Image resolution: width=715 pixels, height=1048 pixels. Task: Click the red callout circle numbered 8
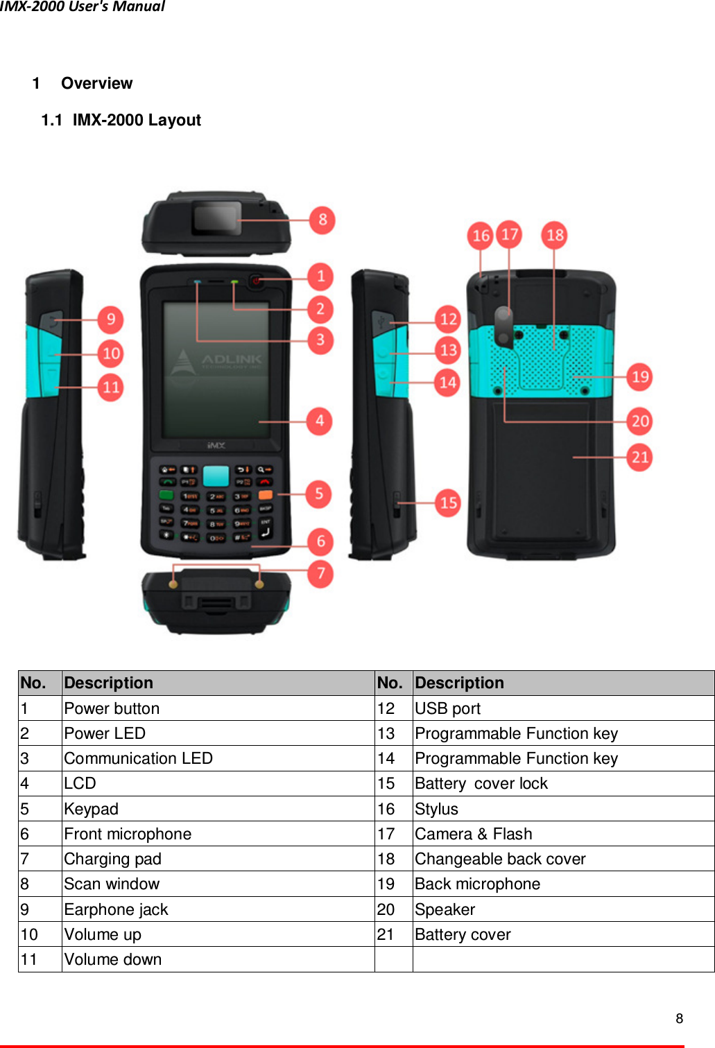point(322,220)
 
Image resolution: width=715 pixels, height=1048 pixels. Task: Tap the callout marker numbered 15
point(448,503)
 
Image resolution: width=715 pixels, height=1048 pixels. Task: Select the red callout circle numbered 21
point(639,457)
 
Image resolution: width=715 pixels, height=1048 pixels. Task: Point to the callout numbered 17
point(510,234)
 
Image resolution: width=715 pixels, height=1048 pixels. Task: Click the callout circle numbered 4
point(320,421)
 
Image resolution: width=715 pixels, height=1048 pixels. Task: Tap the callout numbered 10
point(111,353)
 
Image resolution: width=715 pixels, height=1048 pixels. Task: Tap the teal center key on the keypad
point(216,476)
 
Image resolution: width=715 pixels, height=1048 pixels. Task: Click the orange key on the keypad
point(265,495)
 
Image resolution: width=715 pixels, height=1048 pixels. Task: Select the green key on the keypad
point(167,495)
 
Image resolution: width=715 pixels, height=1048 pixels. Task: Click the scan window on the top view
point(216,218)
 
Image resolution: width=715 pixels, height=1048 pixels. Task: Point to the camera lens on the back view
point(503,317)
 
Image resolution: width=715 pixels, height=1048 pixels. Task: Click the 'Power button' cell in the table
point(112,708)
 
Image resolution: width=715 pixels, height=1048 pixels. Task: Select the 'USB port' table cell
point(447,708)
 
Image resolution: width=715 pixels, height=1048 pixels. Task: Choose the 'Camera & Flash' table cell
point(474,834)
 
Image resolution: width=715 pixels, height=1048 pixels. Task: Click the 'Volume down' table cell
point(113,959)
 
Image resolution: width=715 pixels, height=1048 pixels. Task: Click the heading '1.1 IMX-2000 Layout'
point(121,121)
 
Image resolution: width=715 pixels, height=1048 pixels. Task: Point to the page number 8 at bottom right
point(680,1018)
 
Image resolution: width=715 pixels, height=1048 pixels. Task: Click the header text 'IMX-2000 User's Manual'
point(83,7)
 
